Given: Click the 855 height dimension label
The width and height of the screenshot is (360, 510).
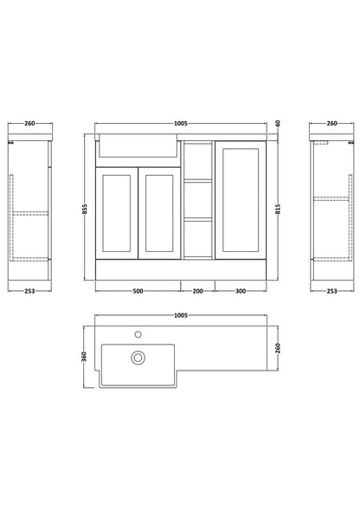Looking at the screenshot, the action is pyautogui.click(x=85, y=209).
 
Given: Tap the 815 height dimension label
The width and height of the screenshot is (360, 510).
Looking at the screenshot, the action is pyautogui.click(x=278, y=209).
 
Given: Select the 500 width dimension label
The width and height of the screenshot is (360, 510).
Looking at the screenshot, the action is pyautogui.click(x=138, y=291).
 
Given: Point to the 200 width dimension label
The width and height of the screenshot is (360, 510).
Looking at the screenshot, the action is pyautogui.click(x=197, y=291).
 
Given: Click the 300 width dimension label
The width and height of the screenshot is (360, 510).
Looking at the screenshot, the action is pyautogui.click(x=241, y=291).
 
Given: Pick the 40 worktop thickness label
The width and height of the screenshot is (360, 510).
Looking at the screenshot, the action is pyautogui.click(x=278, y=123).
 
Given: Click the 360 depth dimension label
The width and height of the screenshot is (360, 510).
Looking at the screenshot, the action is pyautogui.click(x=84, y=357).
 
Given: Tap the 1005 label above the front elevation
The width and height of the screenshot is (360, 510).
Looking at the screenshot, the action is pyautogui.click(x=181, y=123).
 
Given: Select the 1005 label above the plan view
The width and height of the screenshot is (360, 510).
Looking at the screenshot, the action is pyautogui.click(x=181, y=315).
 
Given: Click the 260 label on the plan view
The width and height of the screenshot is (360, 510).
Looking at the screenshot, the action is pyautogui.click(x=278, y=348).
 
